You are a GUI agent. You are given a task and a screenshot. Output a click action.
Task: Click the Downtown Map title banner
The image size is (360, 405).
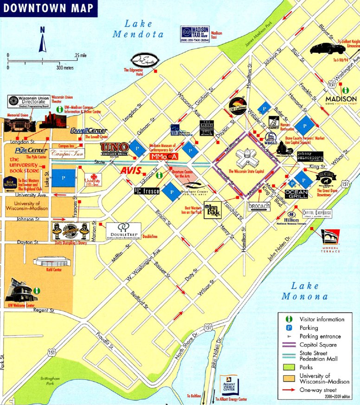click(x=48, y=8)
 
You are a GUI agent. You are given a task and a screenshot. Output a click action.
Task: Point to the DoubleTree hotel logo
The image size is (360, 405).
click(x=123, y=230)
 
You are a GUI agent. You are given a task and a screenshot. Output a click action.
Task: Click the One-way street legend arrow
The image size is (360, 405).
click(x=290, y=390)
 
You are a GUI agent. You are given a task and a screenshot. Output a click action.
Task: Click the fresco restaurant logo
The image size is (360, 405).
click(x=147, y=190)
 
